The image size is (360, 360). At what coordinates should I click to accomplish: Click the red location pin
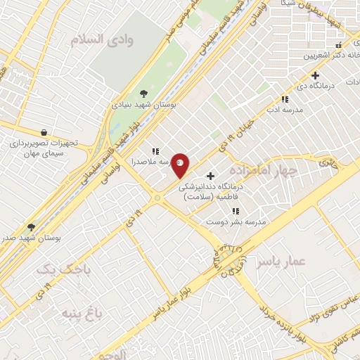tap(181, 165)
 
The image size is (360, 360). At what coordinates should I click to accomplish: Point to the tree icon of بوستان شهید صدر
tap(31, 226)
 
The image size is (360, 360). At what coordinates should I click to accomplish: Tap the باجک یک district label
tap(55, 269)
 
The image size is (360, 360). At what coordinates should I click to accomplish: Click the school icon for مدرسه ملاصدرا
tap(155, 150)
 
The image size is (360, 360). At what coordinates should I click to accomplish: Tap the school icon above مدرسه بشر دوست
tap(236, 210)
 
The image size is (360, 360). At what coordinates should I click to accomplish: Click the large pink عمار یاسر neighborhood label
tap(281, 262)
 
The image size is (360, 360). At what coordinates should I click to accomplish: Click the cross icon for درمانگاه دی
tap(315, 75)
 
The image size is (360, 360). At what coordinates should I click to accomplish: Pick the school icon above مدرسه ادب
tap(284, 100)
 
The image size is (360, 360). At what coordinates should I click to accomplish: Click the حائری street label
tap(328, 163)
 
